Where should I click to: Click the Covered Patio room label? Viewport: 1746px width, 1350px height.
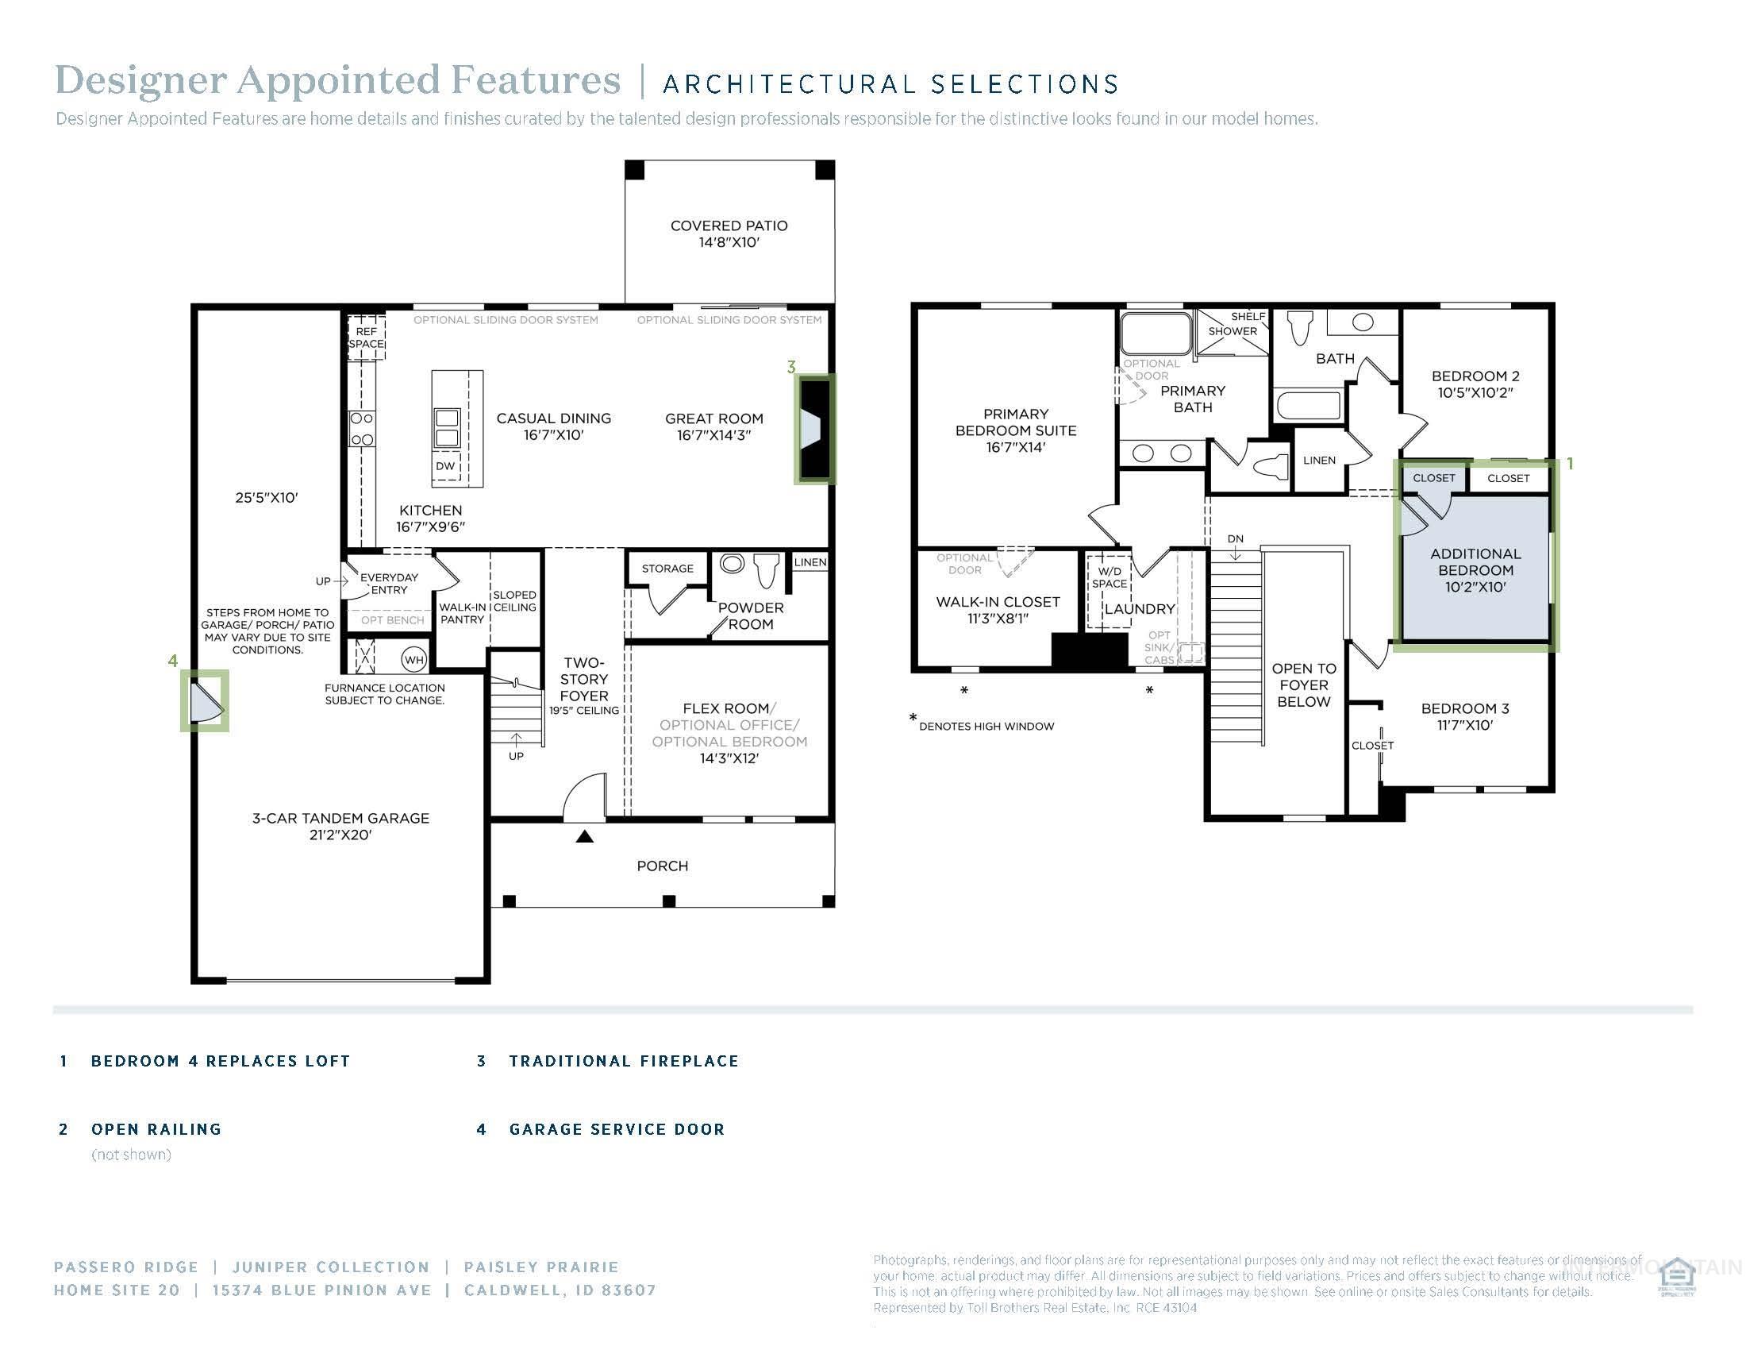729,233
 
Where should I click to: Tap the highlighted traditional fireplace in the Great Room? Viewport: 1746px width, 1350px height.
814,430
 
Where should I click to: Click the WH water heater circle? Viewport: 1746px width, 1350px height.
413,660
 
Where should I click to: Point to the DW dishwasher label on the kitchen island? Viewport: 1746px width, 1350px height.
445,466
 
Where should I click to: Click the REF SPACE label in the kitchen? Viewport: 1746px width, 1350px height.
366,337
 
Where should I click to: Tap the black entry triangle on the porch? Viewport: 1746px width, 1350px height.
585,837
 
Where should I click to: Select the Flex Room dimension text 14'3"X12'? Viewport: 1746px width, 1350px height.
729,758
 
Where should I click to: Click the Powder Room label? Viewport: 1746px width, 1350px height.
750,615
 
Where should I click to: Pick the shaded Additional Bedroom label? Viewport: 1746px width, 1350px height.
1475,569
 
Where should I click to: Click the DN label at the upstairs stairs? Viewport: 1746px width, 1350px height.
1235,539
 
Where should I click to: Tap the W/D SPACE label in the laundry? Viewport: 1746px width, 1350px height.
1110,577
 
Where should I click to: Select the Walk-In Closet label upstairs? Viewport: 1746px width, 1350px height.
998,609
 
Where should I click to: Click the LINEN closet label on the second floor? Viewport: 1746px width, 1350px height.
1319,461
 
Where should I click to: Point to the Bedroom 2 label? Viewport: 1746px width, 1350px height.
1475,384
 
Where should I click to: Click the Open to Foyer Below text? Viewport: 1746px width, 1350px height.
1303,685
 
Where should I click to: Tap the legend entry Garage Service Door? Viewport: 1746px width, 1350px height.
617,1129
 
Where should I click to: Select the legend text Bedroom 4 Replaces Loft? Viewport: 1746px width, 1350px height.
221,1061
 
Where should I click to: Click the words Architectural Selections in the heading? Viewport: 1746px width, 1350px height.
890,84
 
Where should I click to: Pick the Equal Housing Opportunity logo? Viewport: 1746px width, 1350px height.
1676,1277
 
